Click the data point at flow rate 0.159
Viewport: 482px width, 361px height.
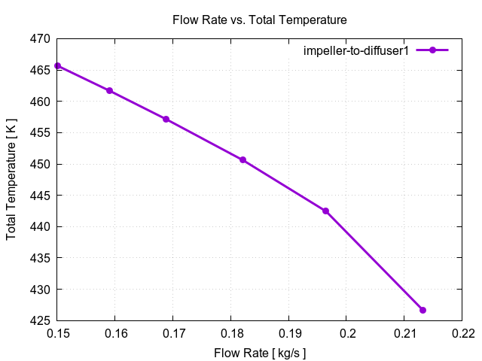(x=110, y=91)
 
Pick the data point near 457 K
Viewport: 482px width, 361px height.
(x=166, y=120)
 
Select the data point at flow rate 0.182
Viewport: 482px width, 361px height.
(x=243, y=160)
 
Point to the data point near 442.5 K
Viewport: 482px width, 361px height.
(x=325, y=211)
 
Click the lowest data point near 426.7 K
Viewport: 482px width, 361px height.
(x=423, y=310)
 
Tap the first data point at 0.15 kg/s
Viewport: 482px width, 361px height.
(x=58, y=66)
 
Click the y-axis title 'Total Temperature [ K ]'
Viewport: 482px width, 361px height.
(x=11, y=180)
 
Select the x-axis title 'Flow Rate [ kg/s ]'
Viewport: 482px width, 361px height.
(x=260, y=352)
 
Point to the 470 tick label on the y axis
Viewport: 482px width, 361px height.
(x=41, y=39)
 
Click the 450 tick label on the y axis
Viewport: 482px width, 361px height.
(x=41, y=164)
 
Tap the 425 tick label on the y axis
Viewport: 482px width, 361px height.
(x=41, y=321)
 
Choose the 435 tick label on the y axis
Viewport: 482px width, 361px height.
(x=41, y=258)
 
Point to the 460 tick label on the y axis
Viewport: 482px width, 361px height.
(x=41, y=102)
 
